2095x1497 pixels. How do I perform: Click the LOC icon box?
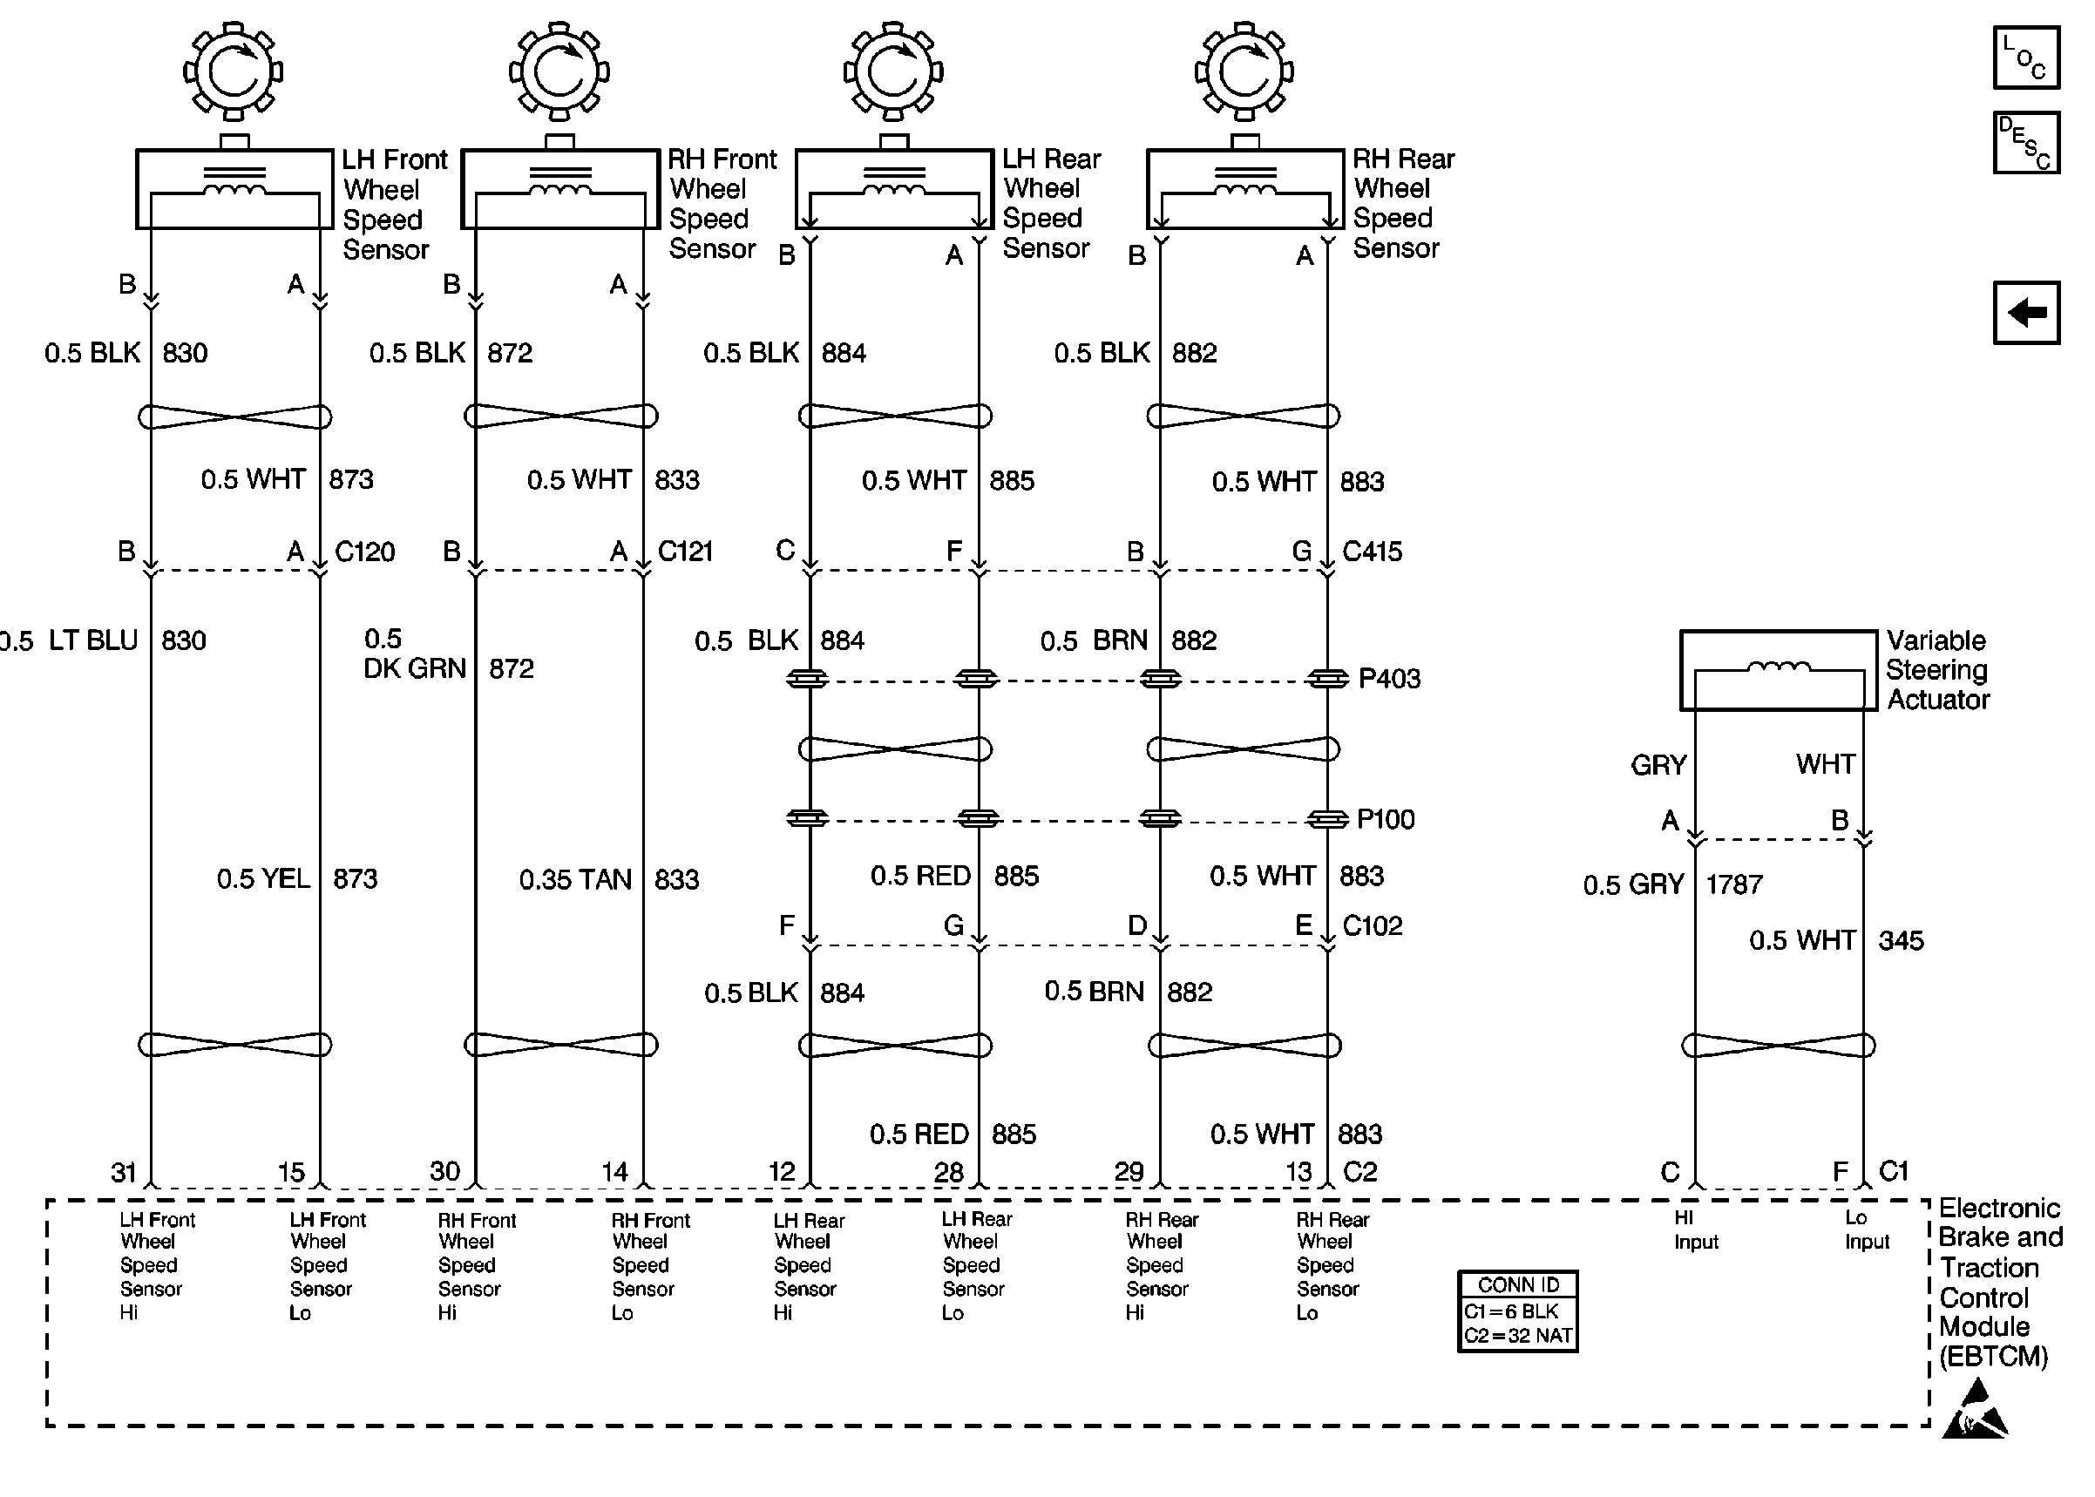click(x=2025, y=58)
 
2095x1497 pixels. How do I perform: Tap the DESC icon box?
click(x=2025, y=143)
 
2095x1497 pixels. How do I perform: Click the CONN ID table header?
click(x=1517, y=1284)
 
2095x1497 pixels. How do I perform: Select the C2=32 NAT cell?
click(x=1517, y=1336)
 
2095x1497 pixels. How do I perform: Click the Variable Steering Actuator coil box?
click(x=1778, y=670)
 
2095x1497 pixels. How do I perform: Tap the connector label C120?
click(x=364, y=552)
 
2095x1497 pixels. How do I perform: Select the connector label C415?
click(x=1372, y=552)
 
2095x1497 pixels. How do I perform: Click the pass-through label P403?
click(x=1389, y=680)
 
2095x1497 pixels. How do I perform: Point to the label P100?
click(x=1386, y=819)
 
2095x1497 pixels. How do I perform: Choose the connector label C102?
click(x=1372, y=925)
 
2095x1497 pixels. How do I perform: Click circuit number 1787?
click(x=1733, y=885)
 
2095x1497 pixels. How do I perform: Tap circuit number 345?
click(x=1901, y=940)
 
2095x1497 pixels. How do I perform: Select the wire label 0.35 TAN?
click(x=575, y=879)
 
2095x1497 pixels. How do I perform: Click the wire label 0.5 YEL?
click(x=262, y=878)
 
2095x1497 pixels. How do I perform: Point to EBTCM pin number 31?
click(x=124, y=1173)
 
